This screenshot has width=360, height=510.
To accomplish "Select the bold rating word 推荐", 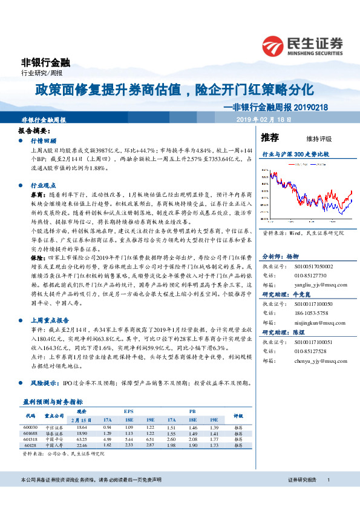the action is pos(270,137).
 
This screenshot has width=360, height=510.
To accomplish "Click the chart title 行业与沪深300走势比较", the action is pos(295,154).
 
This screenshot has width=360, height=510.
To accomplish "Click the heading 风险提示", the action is pos(43,383).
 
